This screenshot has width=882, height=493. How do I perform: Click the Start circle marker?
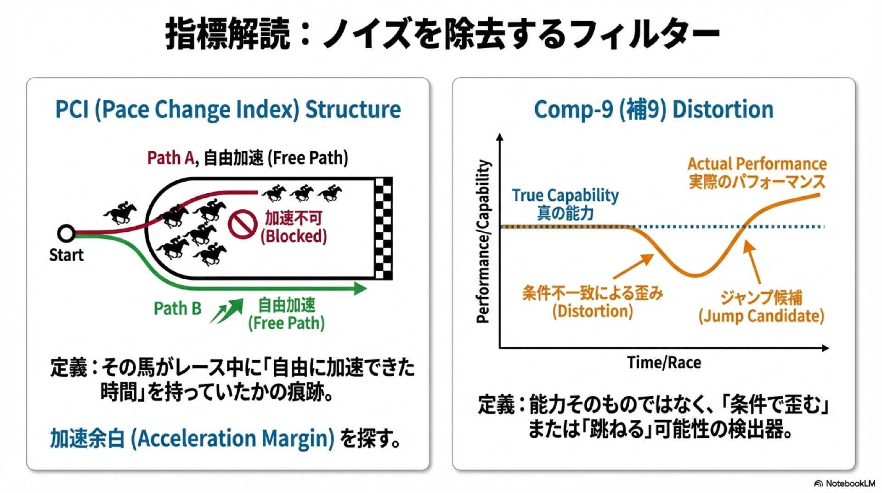pyautogui.click(x=66, y=234)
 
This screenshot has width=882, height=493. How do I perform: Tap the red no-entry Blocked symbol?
pyautogui.click(x=242, y=224)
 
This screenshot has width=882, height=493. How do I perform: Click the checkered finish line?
pyautogui.click(x=384, y=228)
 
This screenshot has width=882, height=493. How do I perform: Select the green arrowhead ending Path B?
pyautogui.click(x=360, y=288)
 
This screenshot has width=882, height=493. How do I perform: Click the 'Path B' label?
pyautogui.click(x=178, y=308)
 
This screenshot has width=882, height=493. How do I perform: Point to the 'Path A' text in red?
pyautogui.click(x=170, y=158)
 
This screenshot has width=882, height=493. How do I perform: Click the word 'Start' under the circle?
pyautogui.click(x=66, y=255)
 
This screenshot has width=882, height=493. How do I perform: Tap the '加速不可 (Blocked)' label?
pyautogui.click(x=294, y=227)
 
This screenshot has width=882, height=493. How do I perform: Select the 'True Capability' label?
pyautogui.click(x=565, y=195)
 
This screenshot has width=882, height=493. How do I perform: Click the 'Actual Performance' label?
pyautogui.click(x=757, y=164)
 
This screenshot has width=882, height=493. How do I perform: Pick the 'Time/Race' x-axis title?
pyautogui.click(x=664, y=362)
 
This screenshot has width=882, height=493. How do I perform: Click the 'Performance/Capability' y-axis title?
pyautogui.click(x=483, y=241)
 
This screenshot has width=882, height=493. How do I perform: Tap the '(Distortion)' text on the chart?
pyautogui.click(x=593, y=311)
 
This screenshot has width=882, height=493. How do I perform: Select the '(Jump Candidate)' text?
pyautogui.click(x=761, y=316)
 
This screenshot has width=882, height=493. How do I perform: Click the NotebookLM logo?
pyautogui.click(x=844, y=483)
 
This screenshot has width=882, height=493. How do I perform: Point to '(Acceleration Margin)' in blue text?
pyautogui.click(x=233, y=438)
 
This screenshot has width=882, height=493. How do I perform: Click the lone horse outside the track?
pyautogui.click(x=120, y=213)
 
